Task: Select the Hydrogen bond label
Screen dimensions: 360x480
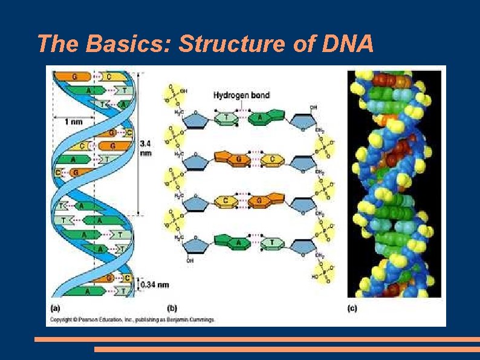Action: click(x=241, y=95)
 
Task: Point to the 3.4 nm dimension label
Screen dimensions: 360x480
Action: click(x=146, y=148)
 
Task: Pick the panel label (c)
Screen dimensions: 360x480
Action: click(x=352, y=308)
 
